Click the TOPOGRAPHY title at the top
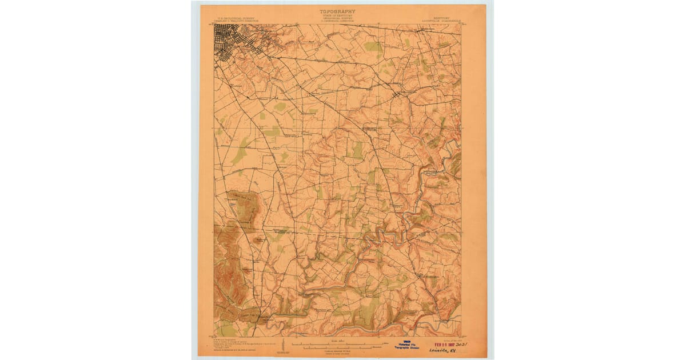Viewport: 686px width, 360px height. pos(337,11)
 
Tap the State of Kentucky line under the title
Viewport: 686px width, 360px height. pos(337,16)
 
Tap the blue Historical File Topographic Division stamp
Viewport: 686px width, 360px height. pos(406,346)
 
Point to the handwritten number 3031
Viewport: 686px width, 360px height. pos(468,345)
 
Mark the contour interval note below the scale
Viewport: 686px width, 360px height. pos(337,351)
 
